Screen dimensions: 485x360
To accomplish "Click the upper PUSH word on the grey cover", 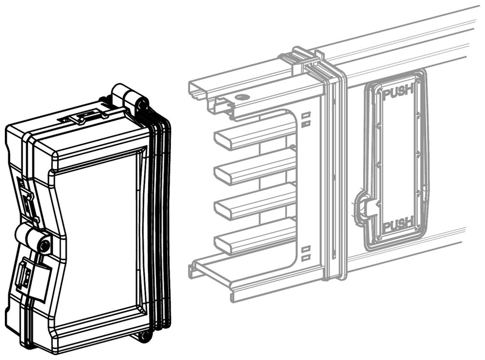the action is click(x=398, y=91).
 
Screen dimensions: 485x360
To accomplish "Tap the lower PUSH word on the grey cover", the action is click(x=398, y=223).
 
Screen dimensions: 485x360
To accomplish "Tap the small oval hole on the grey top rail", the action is click(x=241, y=97).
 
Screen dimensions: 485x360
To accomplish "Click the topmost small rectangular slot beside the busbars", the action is click(x=306, y=115).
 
